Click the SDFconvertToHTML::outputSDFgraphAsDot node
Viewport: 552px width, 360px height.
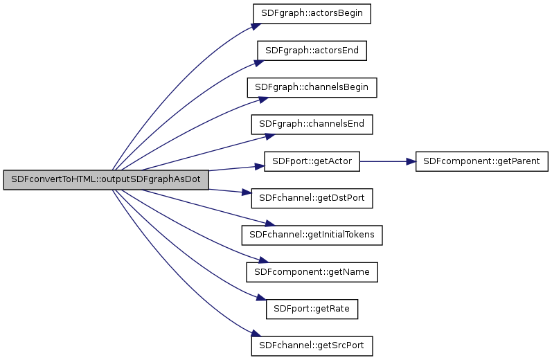[x=105, y=179]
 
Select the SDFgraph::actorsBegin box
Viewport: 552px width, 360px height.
[x=312, y=14]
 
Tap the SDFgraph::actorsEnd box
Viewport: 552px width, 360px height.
[x=312, y=51]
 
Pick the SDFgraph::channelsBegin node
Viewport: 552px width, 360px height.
[x=312, y=87]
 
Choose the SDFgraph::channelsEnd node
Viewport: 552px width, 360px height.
[x=312, y=125]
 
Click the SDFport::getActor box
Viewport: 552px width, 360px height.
[x=312, y=161]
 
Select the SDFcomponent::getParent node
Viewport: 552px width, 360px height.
[x=481, y=161]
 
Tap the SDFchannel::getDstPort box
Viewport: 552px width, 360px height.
[x=312, y=198]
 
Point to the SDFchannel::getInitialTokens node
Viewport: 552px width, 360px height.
[x=312, y=235]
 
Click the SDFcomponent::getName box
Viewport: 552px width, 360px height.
[x=312, y=272]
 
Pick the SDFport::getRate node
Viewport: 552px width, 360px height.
[x=312, y=309]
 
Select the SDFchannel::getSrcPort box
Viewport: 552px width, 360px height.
[x=312, y=345]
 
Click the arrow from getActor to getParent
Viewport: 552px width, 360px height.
[x=384, y=161]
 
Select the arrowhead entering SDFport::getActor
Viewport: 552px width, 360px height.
[x=259, y=166]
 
